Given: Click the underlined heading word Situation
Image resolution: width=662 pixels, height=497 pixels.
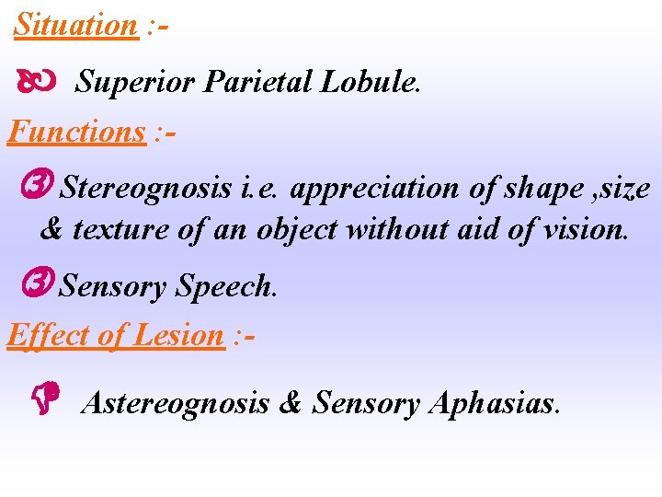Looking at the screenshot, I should (75, 25).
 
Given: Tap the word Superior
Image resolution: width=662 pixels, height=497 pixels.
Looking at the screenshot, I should (136, 82).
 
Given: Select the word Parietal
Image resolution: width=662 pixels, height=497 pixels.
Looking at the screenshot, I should (259, 82).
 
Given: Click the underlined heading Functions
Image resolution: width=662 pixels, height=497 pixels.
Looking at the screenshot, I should (76, 133).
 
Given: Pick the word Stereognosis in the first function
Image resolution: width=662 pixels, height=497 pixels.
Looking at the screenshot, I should (145, 189).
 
